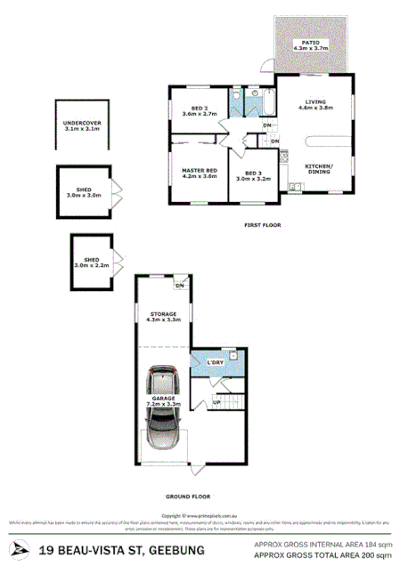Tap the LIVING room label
[318, 101]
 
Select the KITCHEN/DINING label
[318, 170]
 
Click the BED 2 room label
[199, 108]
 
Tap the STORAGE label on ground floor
[163, 313]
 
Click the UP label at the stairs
[216, 402]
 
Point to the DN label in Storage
[179, 285]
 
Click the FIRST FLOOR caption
[262, 225]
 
